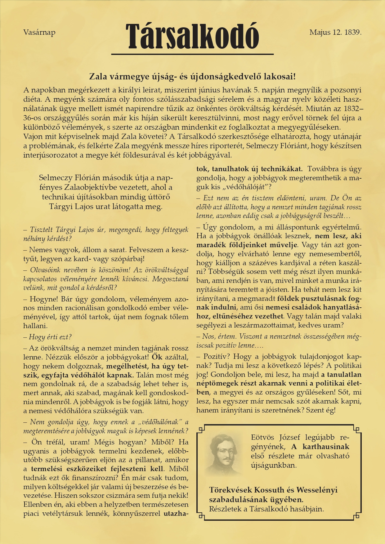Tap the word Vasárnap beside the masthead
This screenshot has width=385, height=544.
[39, 32]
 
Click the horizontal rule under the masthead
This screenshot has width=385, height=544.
[192, 55]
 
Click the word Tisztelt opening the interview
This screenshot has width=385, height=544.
[42, 230]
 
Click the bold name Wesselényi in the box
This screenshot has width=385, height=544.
[317, 490]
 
